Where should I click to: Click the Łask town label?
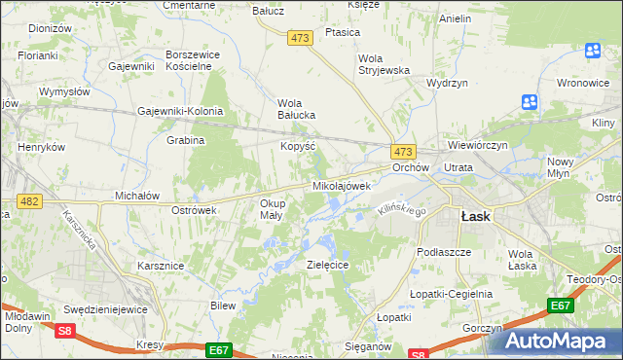475,217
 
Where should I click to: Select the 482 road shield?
28,200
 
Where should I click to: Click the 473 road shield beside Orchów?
403,152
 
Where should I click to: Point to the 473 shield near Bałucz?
300,37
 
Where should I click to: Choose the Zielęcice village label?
328,265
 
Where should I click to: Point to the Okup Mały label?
272,209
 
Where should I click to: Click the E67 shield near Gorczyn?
559,306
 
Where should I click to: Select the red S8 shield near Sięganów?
418,354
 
